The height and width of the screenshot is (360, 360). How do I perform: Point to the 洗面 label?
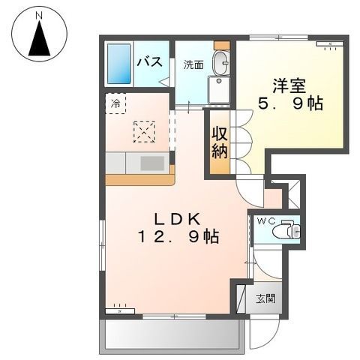click(193, 64)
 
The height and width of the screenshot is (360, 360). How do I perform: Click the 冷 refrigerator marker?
click(115, 103)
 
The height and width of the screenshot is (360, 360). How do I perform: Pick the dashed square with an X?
click(144, 132)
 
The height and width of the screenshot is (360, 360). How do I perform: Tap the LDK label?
click(177, 219)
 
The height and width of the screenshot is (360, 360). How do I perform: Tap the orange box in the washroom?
click(220, 46)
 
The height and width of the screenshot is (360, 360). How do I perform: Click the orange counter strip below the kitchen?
click(139, 179)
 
